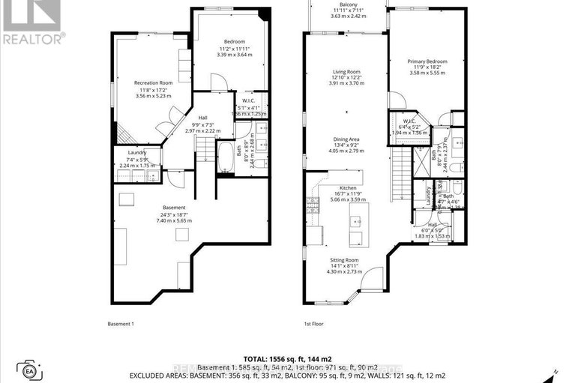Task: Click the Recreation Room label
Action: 153,82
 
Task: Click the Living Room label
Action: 346,73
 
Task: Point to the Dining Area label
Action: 346,139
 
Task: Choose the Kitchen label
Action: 346,187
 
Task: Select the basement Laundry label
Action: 136,152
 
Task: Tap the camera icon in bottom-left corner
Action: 29,370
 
